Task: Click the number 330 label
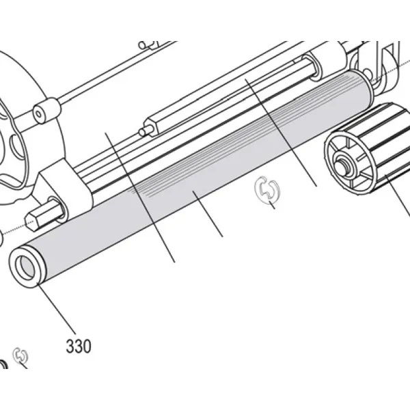click(79, 346)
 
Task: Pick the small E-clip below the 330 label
click(20, 356)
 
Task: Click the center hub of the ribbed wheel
click(342, 164)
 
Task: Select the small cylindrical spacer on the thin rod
click(45, 111)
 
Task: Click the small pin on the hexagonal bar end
click(144, 131)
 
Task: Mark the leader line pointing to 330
click(57, 309)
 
